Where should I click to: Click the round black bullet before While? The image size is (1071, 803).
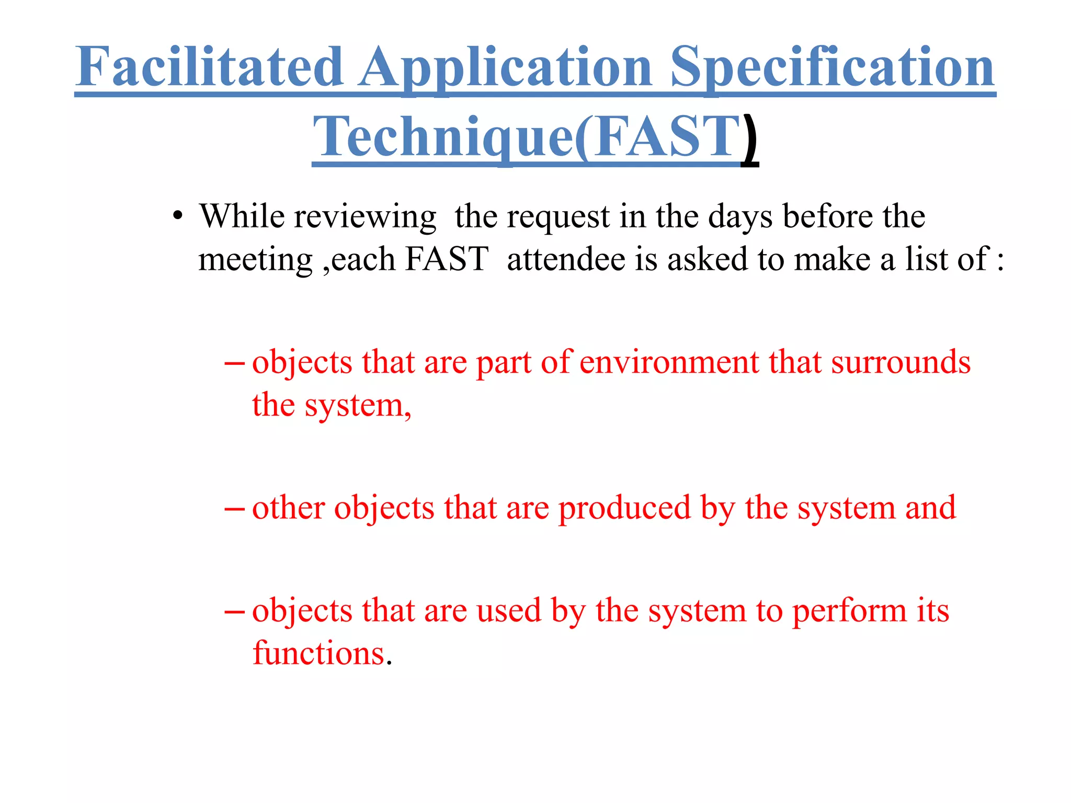[178, 216]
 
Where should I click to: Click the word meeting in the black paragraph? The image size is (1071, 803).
[255, 259]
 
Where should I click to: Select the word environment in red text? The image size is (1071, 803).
[669, 362]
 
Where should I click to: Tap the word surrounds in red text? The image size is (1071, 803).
[901, 362]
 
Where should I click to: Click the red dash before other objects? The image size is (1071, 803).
[234, 509]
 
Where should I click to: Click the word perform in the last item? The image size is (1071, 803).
[849, 611]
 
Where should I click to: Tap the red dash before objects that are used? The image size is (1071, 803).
[234, 611]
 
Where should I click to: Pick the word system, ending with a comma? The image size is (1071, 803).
[358, 405]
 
